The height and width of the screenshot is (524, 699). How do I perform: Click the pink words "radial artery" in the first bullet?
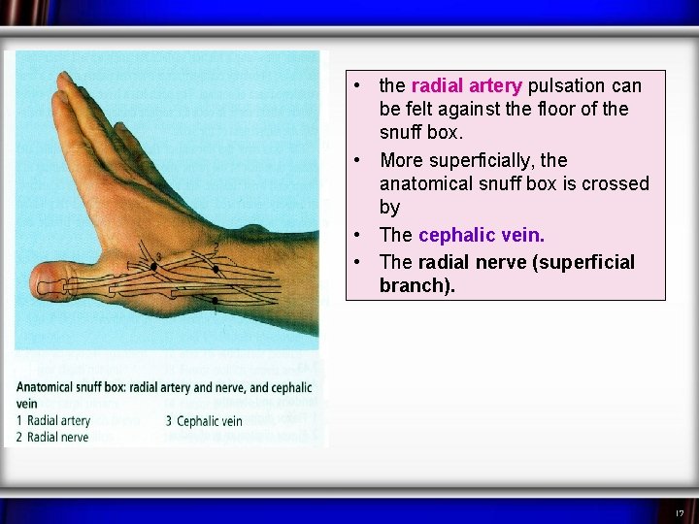[467, 86]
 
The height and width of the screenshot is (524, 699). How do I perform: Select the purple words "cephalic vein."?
[482, 236]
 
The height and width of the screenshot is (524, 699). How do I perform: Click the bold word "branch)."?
[416, 286]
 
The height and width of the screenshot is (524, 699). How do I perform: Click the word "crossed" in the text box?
[615, 183]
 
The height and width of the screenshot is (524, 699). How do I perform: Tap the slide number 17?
[680, 512]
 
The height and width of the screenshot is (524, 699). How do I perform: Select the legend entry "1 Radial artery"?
[53, 421]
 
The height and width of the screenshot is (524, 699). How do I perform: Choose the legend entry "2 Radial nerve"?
[52, 438]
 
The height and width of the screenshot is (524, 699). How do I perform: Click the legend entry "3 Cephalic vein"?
[204, 421]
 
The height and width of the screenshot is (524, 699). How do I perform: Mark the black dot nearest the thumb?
[153, 267]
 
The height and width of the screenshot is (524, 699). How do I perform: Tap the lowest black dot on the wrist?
[215, 301]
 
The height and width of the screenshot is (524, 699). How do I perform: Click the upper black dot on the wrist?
[215, 268]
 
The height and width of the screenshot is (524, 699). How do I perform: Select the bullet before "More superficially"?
[359, 160]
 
